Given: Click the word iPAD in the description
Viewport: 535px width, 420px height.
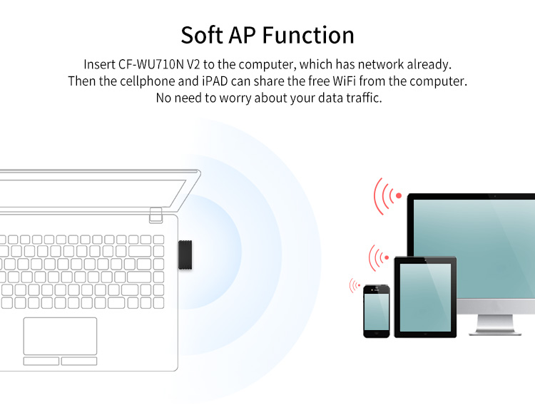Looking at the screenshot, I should point(245,81).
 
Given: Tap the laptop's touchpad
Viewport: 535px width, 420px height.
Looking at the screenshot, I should point(60,336).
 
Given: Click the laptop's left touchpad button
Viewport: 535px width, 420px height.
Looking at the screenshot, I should point(41,361).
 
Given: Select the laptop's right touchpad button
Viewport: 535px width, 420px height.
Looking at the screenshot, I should point(78,361).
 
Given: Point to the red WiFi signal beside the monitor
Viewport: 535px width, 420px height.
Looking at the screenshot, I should point(387,195).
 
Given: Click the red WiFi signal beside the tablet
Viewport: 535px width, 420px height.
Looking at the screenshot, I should point(378,257).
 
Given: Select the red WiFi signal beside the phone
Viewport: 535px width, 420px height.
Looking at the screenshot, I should point(355,286).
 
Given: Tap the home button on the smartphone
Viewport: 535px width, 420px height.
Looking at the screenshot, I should point(376,333).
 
